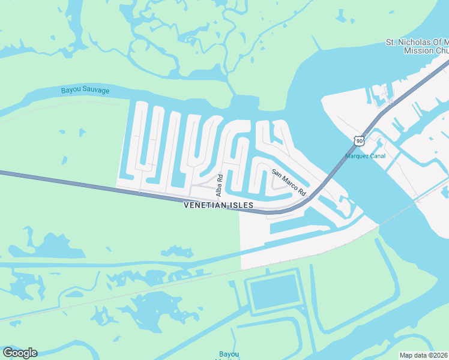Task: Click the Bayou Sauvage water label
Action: point(85,91)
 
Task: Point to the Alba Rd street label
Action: point(220,185)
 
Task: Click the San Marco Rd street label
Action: point(289,183)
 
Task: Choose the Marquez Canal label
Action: point(365,157)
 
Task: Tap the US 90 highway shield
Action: point(358,141)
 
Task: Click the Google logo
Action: point(20,353)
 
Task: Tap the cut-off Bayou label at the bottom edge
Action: point(228,355)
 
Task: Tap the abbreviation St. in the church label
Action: point(390,43)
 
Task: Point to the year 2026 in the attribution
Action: point(439,355)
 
